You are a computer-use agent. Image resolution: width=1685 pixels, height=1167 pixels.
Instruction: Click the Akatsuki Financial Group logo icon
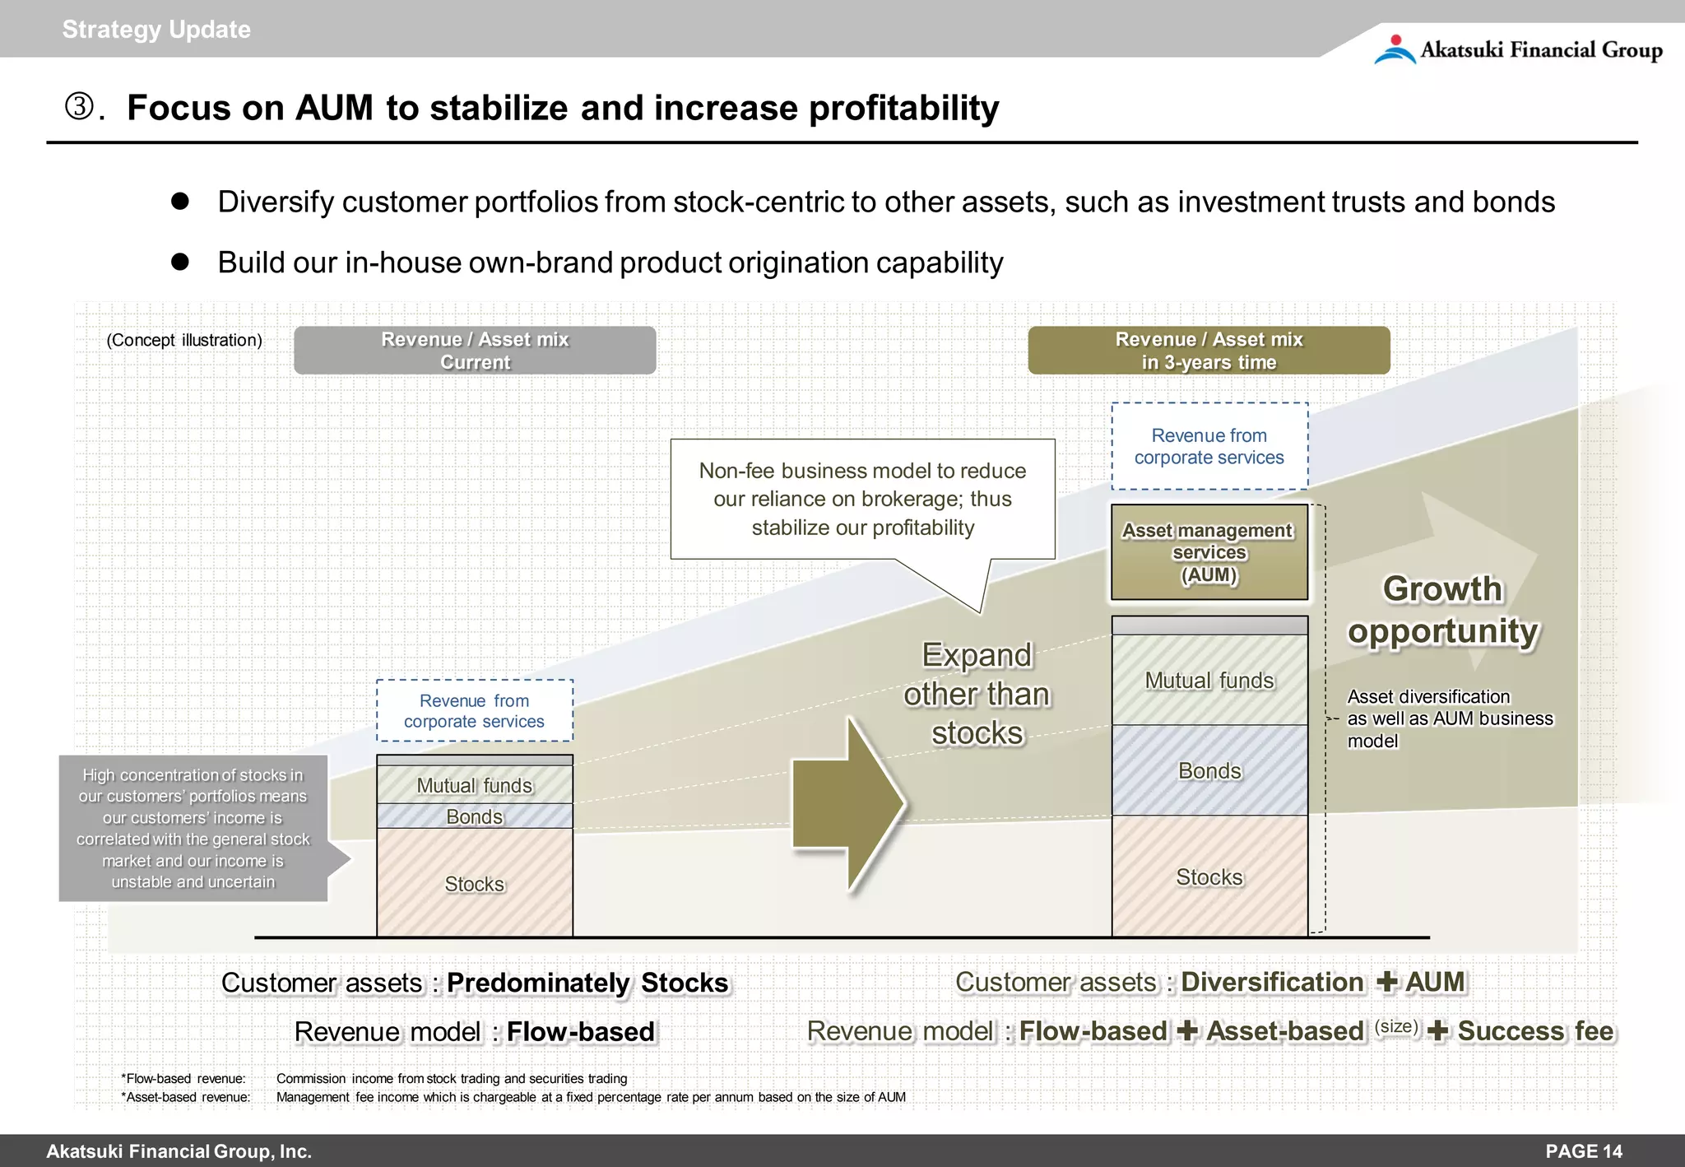coord(1395,49)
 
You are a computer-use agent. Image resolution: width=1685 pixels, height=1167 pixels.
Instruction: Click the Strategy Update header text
coord(156,30)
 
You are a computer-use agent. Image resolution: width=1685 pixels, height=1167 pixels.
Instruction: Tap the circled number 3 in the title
coord(80,107)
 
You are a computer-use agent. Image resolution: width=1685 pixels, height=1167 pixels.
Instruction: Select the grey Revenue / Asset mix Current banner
coord(475,351)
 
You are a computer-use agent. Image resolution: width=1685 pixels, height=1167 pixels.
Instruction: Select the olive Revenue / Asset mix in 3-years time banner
coord(1209,351)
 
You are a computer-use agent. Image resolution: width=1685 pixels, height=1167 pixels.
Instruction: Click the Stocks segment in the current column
coord(474,883)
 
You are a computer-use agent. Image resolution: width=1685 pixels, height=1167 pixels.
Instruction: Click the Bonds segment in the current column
coord(474,816)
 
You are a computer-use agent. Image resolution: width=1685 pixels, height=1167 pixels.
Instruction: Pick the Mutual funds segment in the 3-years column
coord(1209,680)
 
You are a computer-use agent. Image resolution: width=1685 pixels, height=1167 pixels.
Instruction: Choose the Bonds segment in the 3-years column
coord(1209,770)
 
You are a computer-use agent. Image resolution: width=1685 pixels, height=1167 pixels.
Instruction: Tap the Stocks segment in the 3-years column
coord(1209,876)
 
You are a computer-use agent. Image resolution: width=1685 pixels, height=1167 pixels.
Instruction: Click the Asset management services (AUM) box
coord(1209,552)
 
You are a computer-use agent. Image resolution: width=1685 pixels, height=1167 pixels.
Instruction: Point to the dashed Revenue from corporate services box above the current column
coord(474,710)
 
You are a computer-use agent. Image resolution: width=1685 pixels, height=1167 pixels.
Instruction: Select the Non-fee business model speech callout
coord(862,499)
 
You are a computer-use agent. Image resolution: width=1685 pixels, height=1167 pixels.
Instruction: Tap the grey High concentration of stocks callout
coord(193,828)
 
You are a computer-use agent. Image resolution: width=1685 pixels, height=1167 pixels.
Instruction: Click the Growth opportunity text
coord(1442,610)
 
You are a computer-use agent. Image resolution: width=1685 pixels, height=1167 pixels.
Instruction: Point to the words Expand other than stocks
coord(977,694)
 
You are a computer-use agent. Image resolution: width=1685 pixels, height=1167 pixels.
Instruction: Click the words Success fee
coord(1535,1031)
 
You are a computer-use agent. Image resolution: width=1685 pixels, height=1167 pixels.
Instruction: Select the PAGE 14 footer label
coord(1583,1151)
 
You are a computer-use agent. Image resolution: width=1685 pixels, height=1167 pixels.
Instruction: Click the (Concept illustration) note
coord(184,340)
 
